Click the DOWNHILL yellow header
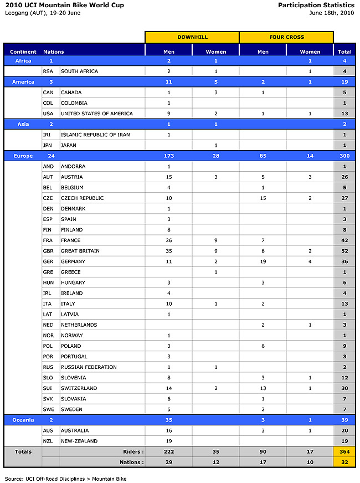[x=192, y=37]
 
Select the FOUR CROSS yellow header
[x=286, y=37]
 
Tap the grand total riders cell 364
[x=344, y=451]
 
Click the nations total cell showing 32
[x=344, y=462]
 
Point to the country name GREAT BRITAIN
[x=80, y=251]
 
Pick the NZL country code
[x=49, y=441]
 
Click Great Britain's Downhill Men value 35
[x=168, y=251]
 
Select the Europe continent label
[x=23, y=156]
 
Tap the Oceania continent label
[x=23, y=420]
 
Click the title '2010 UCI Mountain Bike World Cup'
[x=64, y=5]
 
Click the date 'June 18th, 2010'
[x=332, y=13]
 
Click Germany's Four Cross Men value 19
[x=263, y=261]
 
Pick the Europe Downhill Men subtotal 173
[x=168, y=156]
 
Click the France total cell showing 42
[x=344, y=240]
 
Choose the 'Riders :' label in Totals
[x=132, y=451]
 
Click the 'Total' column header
[x=344, y=52]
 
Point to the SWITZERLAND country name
[x=79, y=388]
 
